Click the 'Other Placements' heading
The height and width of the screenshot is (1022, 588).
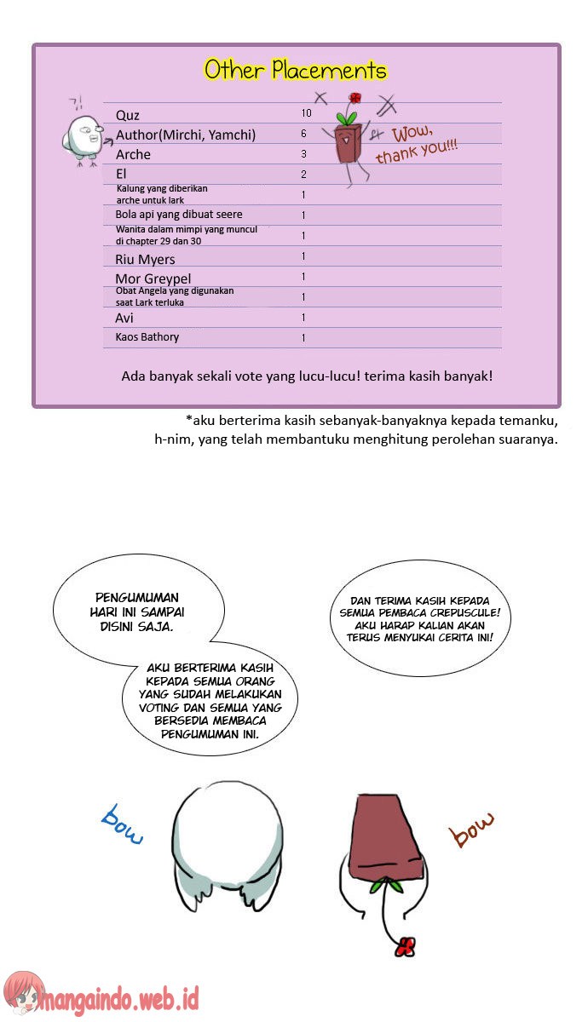pyautogui.click(x=295, y=70)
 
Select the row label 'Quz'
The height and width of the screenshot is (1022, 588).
pyautogui.click(x=128, y=115)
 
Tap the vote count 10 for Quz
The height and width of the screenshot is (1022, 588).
pyautogui.click(x=306, y=113)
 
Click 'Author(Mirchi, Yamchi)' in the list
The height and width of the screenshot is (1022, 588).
pyautogui.click(x=186, y=135)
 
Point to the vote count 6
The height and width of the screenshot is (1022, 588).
pyautogui.click(x=303, y=134)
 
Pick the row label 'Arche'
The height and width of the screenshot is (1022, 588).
pyautogui.click(x=133, y=154)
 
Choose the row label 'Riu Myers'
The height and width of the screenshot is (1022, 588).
pyautogui.click(x=145, y=259)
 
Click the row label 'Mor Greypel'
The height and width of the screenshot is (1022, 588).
pyautogui.click(x=153, y=278)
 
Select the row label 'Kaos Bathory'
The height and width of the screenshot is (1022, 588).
pyautogui.click(x=147, y=336)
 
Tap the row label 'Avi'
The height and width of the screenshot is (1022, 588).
pyautogui.click(x=124, y=318)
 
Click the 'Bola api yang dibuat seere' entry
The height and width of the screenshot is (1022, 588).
pyautogui.click(x=179, y=215)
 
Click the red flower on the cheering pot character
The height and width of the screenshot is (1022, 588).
pyautogui.click(x=355, y=98)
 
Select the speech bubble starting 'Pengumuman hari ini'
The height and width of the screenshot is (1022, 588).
pyautogui.click(x=138, y=611)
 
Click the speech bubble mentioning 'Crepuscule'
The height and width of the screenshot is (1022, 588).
pyautogui.click(x=418, y=618)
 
